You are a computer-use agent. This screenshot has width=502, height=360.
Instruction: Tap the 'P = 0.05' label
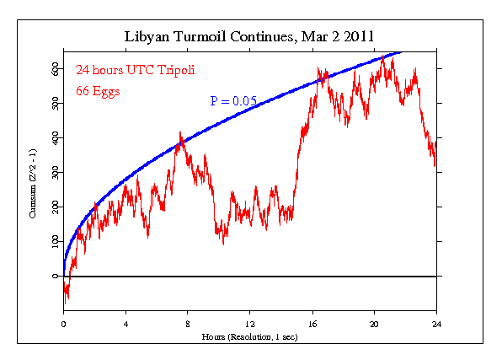(x=233, y=101)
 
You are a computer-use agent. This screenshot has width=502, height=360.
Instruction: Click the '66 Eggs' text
(x=98, y=90)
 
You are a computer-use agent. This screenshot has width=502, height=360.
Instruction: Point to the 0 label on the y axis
(x=56, y=276)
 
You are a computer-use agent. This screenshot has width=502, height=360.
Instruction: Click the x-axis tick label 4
(x=125, y=323)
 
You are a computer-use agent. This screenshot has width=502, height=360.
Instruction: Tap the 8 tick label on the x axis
(x=188, y=323)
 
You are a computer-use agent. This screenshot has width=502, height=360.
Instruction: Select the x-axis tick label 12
(x=250, y=323)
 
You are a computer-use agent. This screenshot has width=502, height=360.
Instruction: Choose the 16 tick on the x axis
(x=312, y=323)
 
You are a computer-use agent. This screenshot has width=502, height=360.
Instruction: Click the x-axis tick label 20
(x=375, y=323)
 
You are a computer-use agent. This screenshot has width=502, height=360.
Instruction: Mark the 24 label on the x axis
(x=436, y=323)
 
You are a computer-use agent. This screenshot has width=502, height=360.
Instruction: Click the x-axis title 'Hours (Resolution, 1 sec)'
(x=250, y=336)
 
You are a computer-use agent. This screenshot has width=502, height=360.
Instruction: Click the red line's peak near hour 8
(x=180, y=132)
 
